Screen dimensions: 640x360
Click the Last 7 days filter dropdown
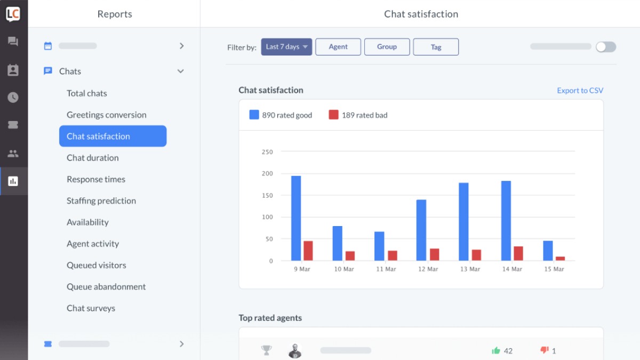[x=286, y=47]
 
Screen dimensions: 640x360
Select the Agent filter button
[x=338, y=47]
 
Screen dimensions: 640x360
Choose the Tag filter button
[x=436, y=47]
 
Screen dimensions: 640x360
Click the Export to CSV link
[x=580, y=91]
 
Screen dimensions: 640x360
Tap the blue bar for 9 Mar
[x=296, y=218]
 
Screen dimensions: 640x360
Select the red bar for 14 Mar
[x=518, y=253]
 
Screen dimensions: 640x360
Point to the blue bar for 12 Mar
[x=421, y=230]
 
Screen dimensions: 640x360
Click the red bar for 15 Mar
[x=560, y=259]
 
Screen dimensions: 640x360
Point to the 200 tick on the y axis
[x=267, y=173]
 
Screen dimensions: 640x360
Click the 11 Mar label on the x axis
[x=386, y=269]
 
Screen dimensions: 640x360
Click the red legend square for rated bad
[x=333, y=115]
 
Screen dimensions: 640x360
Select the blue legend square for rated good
[x=254, y=115]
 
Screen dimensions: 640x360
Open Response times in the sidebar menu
[x=96, y=179]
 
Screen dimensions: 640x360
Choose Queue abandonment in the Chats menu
[x=106, y=286]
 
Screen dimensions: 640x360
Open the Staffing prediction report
[x=101, y=201]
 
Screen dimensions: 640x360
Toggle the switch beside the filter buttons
[x=606, y=47]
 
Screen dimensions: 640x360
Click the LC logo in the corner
[x=13, y=14]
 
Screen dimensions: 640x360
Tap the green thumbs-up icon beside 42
[x=496, y=350]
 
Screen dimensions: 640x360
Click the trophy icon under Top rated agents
[x=266, y=350]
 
